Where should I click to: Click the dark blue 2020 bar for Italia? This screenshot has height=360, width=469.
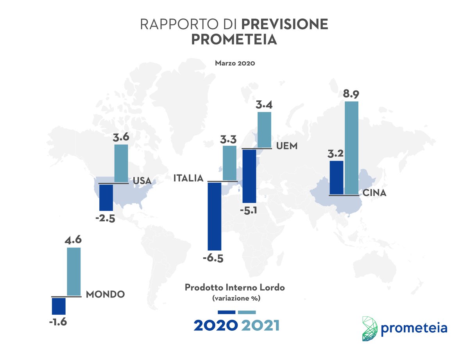point(214,216)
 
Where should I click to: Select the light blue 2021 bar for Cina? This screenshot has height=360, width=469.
point(351,148)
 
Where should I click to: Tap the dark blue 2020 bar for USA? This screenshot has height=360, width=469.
point(106,197)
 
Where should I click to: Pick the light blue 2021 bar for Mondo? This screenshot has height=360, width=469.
point(74,271)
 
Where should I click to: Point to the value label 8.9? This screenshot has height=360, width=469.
point(351,95)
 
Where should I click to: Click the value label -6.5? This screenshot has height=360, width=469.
point(213,258)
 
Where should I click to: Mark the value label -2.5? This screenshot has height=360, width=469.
point(105,218)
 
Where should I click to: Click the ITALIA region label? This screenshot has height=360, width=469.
point(188,178)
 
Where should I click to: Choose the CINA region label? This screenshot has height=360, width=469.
point(374,193)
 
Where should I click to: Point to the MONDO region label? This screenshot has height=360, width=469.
point(105,294)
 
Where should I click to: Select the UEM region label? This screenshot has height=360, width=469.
point(286,146)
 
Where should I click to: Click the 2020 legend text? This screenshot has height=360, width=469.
point(215,325)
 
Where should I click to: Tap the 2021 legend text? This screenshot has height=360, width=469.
point(260,325)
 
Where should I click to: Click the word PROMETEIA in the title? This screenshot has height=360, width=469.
point(234,40)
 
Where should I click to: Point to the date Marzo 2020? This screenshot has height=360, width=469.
point(234,63)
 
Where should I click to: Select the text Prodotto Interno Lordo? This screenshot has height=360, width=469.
point(234,288)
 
